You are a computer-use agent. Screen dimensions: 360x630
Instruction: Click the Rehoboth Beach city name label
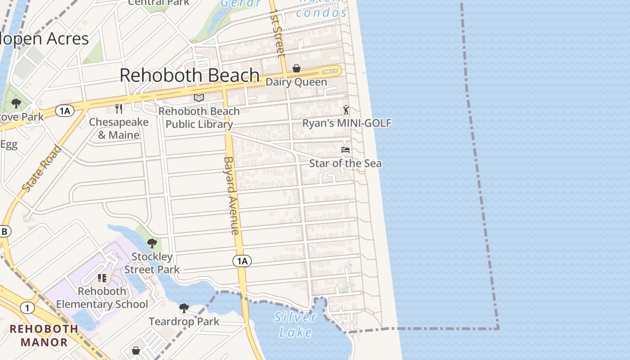tap(189, 75)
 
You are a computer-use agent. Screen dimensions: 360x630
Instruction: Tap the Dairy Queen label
tap(296, 82)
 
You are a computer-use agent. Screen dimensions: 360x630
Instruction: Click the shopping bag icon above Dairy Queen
tap(297, 68)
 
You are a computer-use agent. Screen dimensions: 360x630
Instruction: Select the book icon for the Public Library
tap(199, 98)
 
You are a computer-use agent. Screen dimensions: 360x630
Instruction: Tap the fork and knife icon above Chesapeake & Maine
tap(119, 108)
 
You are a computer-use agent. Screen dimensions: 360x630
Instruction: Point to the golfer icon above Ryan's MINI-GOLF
tap(346, 110)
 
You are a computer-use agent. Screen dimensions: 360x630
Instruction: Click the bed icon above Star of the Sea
tap(346, 149)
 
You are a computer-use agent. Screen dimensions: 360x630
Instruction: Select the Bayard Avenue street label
tap(231, 195)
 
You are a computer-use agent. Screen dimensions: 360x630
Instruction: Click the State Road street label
tap(41, 169)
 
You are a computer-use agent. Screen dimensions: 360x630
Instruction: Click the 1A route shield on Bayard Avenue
tap(242, 261)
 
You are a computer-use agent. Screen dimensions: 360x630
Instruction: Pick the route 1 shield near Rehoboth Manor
tap(27, 308)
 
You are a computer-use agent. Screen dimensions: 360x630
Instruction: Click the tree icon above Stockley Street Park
tap(152, 243)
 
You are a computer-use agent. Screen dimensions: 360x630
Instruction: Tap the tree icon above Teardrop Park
tap(184, 308)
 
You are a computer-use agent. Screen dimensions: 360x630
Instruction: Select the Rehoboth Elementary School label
tap(102, 298)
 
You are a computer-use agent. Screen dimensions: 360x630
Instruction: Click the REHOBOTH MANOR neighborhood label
tap(44, 335)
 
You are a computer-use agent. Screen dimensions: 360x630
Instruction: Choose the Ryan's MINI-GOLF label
tap(346, 123)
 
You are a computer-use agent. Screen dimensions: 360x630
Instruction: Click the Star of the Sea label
tap(345, 163)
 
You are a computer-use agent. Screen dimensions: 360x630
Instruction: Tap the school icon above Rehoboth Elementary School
tap(102, 278)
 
